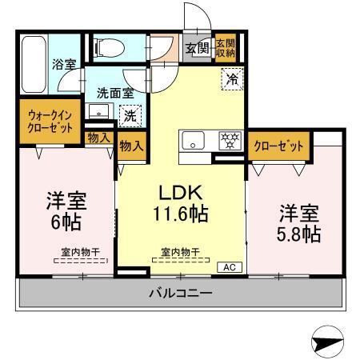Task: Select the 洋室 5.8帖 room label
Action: (299, 223)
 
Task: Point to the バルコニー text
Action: (180, 294)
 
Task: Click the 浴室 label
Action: (63, 62)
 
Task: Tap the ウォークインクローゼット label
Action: (49, 120)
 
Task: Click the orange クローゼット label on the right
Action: (278, 146)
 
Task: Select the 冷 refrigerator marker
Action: (230, 79)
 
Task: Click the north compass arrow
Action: (326, 342)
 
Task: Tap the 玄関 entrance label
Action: (198, 47)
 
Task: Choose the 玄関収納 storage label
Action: (225, 48)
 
